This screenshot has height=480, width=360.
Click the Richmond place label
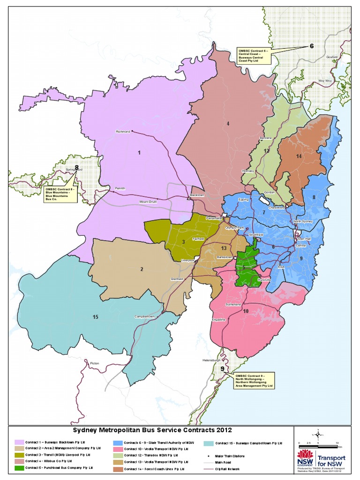tap(122, 132)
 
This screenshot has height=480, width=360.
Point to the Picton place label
tap(95, 363)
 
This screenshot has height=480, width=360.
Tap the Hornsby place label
tap(247, 171)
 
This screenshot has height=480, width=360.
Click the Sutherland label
tap(233, 304)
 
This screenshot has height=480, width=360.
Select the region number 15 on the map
tap(95, 317)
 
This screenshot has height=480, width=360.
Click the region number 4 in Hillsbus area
tap(228, 124)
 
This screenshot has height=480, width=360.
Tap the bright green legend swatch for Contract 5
tap(19, 467)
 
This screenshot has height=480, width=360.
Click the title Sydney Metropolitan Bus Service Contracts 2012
tap(151, 430)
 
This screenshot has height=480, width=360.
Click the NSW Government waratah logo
tap(306, 456)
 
